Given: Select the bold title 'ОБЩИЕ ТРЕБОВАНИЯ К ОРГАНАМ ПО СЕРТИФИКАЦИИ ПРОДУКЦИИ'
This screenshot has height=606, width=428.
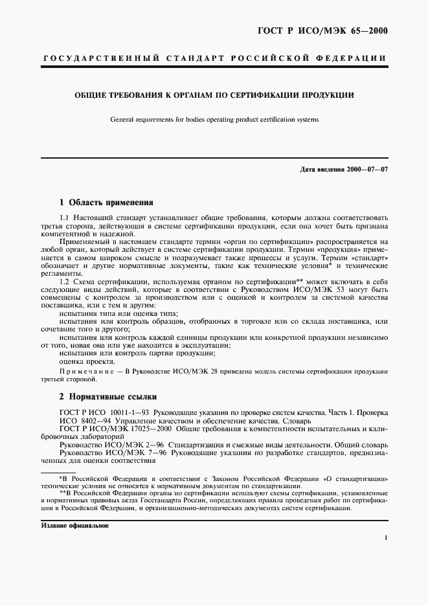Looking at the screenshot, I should pyautogui.click(x=214, y=95).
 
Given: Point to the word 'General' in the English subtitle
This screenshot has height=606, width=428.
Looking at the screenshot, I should pyautogui.click(x=122, y=119).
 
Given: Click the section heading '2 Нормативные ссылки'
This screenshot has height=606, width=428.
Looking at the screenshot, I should pyautogui.click(x=107, y=396).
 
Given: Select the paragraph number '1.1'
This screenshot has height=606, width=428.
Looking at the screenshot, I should pyautogui.click(x=64, y=218).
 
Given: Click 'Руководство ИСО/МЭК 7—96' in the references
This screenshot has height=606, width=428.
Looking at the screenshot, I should pyautogui.click(x=106, y=454).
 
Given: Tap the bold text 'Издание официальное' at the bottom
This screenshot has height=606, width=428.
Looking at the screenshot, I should pyautogui.click(x=74, y=526).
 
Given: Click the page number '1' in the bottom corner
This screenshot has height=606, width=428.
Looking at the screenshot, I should pyautogui.click(x=385, y=537).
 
